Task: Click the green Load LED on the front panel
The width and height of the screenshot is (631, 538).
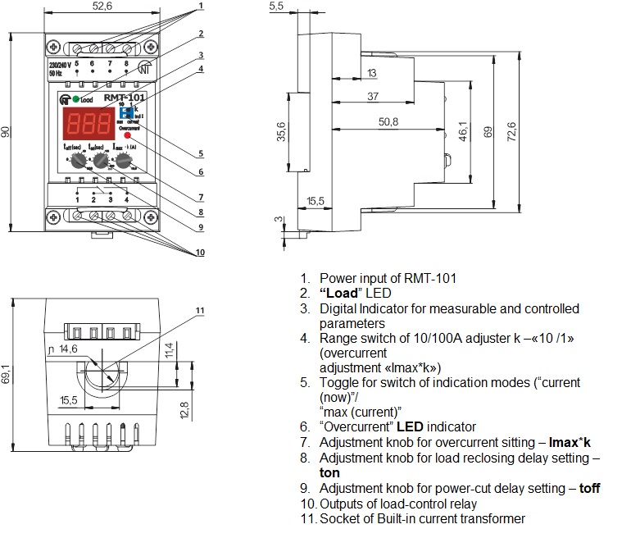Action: [x=75, y=99]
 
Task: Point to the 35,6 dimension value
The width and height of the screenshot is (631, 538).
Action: [x=280, y=131]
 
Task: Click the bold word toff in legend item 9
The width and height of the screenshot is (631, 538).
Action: [x=589, y=489]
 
